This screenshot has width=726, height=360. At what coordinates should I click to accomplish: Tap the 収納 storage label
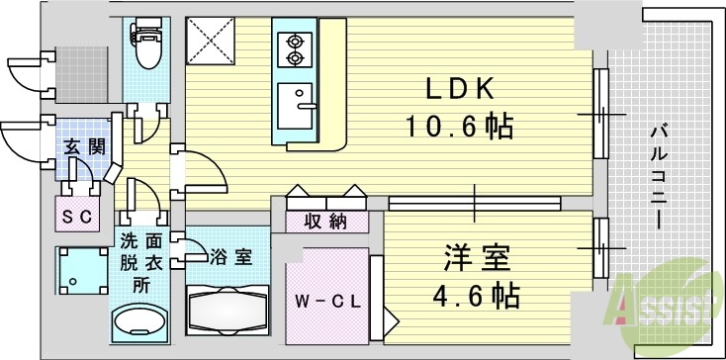point(325,222)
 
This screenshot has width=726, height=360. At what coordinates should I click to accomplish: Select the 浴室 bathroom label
point(229,257)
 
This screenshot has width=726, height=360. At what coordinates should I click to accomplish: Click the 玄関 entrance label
point(84,147)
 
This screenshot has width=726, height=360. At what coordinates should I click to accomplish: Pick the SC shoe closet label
point(75,215)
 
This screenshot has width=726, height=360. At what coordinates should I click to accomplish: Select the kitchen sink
point(296,104)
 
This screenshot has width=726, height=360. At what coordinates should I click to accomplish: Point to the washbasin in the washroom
point(140,322)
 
